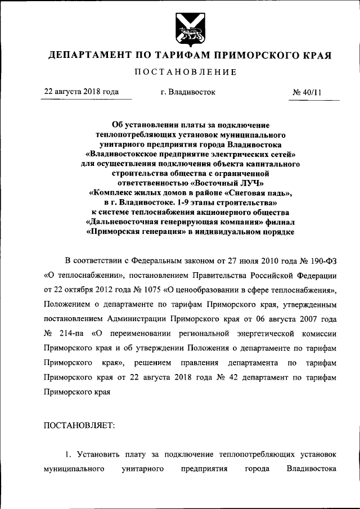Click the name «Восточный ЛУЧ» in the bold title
click(x=227, y=183)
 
